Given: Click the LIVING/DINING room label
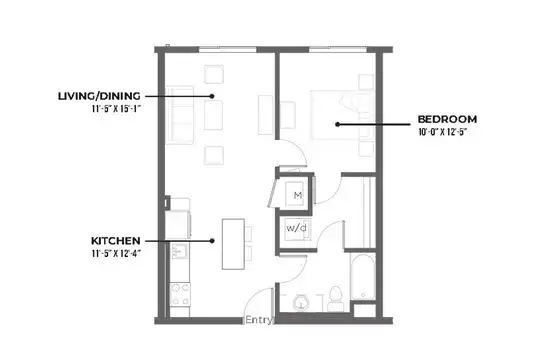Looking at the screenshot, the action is click(x=99, y=96).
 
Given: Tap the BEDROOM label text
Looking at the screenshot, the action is click(x=447, y=119).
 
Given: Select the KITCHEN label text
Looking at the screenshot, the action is click(x=116, y=240).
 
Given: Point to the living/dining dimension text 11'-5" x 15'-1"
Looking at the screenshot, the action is click(x=116, y=109).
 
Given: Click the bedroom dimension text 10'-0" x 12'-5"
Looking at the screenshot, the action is click(x=443, y=132).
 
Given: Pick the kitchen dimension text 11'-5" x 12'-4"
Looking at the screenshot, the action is click(x=116, y=254).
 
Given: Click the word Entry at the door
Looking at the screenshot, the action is click(x=259, y=320).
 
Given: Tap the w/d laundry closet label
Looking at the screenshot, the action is click(x=296, y=228).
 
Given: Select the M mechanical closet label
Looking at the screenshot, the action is click(x=298, y=195).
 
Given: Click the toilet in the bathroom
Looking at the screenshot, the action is click(x=335, y=298).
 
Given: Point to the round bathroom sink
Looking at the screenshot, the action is click(x=301, y=303).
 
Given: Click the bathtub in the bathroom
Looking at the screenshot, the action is click(x=363, y=277).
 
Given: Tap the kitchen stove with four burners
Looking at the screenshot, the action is click(x=180, y=295).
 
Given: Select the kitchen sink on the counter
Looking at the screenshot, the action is click(x=180, y=251).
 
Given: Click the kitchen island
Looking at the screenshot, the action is click(x=233, y=244).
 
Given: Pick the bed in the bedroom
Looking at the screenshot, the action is click(x=342, y=115).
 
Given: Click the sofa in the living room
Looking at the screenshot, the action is click(x=179, y=115).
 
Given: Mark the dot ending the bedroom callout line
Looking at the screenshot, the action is click(x=338, y=124).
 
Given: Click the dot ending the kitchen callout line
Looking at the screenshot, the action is click(x=212, y=241).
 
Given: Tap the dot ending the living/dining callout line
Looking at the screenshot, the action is click(x=212, y=96).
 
